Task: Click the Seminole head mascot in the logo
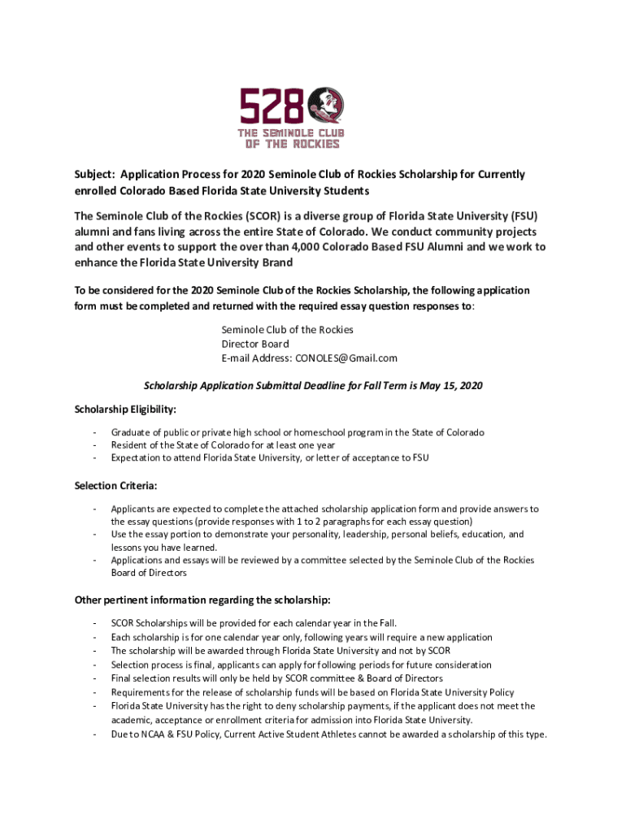(x=329, y=106)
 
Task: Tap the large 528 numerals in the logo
(x=272, y=106)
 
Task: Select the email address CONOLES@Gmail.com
(x=346, y=357)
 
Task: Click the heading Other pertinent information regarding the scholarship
(x=202, y=600)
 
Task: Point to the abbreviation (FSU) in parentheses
(x=525, y=216)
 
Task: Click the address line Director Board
(x=254, y=344)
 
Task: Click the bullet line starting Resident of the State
(x=223, y=445)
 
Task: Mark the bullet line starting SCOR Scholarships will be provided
(x=254, y=623)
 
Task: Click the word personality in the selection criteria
(x=313, y=535)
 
